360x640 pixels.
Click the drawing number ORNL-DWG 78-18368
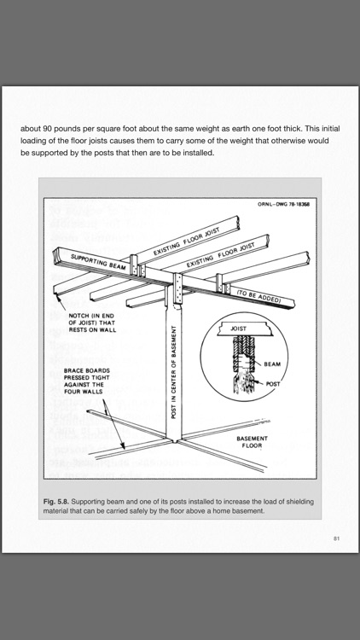coord(283,204)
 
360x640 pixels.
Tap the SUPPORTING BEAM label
coord(98,262)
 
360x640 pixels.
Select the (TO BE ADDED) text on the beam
coord(258,297)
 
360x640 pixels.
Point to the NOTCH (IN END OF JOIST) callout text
coord(92,323)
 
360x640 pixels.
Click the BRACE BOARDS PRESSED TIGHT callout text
coord(87,381)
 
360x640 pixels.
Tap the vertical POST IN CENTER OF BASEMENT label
coord(173,372)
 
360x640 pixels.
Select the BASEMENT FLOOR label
coord(253,442)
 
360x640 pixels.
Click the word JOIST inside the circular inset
coord(239,329)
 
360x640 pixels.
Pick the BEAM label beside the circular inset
coord(272,364)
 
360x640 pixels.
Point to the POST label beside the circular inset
coord(273,384)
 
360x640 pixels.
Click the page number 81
coord(336,538)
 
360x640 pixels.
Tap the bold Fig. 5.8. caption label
coord(56,502)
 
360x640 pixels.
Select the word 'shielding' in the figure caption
coord(300,502)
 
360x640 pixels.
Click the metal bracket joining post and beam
coord(177,288)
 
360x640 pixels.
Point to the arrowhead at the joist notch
coord(58,300)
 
